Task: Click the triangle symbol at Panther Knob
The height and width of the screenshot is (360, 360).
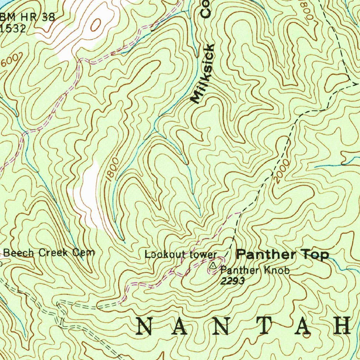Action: click(213, 266)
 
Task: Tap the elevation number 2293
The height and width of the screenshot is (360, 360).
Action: click(232, 281)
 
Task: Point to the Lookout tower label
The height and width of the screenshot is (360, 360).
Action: click(181, 254)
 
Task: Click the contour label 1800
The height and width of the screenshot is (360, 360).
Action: click(111, 170)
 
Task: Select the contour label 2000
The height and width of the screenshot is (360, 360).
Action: click(282, 172)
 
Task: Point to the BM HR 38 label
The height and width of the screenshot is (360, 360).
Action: click(28, 18)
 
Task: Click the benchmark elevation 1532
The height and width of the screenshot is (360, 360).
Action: click(13, 28)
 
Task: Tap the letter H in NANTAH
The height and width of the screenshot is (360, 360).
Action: click(343, 326)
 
